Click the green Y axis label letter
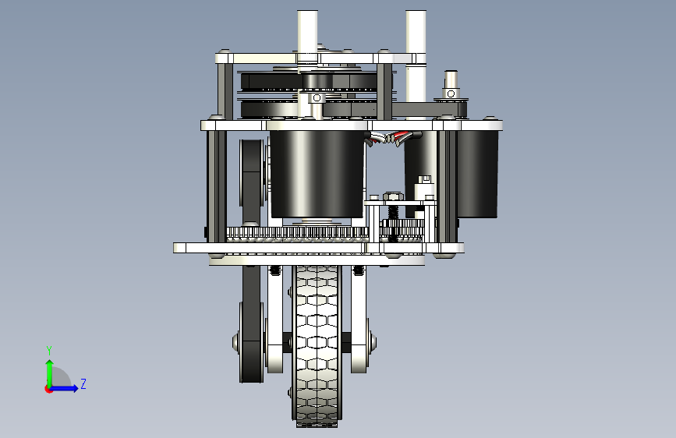coord(49,350)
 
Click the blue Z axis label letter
coord(83,383)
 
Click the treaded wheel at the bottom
coord(317,346)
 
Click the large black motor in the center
coord(317,173)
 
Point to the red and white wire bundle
coord(392,137)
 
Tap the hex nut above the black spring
coord(393,196)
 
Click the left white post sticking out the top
coord(307,34)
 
